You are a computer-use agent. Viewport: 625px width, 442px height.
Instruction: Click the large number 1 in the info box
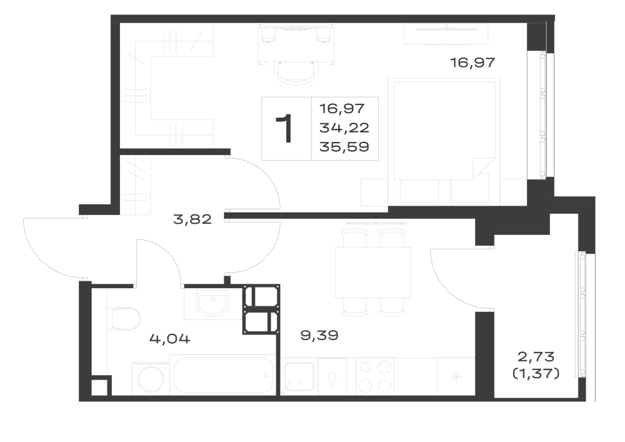coord(285,128)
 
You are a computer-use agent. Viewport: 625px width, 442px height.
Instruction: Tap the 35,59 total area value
coord(344,147)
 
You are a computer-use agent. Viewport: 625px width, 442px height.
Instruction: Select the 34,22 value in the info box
coord(344,128)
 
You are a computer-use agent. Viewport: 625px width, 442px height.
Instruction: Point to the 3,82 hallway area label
coord(192,219)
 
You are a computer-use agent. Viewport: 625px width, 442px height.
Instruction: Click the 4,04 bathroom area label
coord(170,339)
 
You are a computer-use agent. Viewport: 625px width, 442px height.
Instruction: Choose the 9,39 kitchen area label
coord(319,335)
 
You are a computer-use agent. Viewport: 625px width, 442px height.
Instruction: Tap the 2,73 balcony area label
coord(536,356)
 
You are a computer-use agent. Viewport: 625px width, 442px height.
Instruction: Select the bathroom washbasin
coord(213,303)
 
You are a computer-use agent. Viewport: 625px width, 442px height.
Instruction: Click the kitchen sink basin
coord(299,377)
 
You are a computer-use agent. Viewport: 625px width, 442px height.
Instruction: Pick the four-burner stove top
coord(374,376)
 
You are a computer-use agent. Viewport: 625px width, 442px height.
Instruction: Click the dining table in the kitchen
coord(373,272)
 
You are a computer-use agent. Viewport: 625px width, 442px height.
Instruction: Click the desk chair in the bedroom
coord(296,73)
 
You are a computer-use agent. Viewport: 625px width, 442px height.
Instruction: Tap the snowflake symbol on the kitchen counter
coord(456,376)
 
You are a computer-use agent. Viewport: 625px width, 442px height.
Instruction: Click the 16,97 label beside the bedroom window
coord(472,63)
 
